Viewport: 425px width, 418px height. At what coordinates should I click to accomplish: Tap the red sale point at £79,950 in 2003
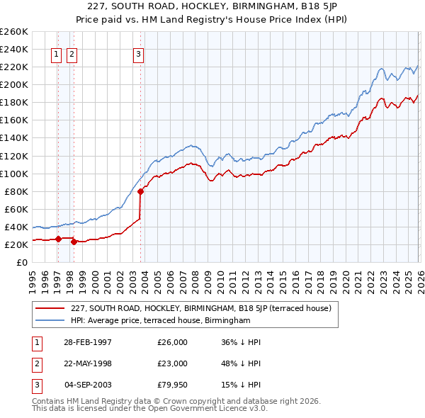[x=140, y=191]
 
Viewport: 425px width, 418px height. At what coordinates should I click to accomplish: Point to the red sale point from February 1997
[x=59, y=239]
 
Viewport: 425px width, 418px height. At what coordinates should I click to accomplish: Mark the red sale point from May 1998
[x=74, y=242]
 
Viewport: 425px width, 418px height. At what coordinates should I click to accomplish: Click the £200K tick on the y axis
[x=14, y=84]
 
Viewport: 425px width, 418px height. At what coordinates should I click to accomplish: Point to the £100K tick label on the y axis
[x=14, y=174]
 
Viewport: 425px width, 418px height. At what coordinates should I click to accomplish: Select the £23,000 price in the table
[x=173, y=363]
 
